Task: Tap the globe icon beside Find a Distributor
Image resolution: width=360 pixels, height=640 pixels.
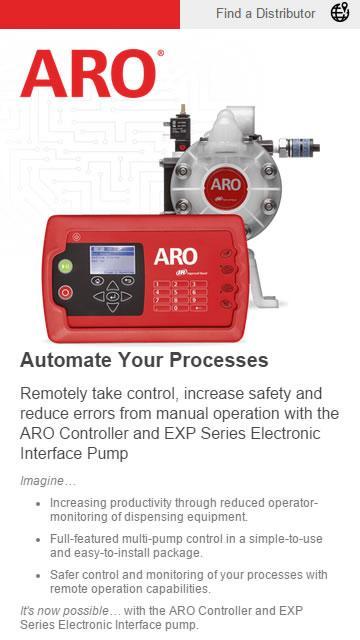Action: [x=340, y=12]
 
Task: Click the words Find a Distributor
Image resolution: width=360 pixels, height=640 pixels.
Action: [x=265, y=13]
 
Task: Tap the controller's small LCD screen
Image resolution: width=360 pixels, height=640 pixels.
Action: [x=112, y=260]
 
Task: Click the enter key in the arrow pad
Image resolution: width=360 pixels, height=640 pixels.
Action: [x=113, y=296]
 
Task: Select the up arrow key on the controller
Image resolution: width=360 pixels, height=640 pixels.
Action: [x=113, y=286]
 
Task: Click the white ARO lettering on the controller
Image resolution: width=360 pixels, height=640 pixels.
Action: [x=176, y=257]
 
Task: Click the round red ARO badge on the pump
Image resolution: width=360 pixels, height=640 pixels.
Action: [x=225, y=187]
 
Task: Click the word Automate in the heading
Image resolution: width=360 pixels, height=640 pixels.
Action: [x=65, y=360]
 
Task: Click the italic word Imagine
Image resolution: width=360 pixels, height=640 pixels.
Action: [x=42, y=481]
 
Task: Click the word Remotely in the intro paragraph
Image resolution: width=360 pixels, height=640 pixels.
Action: [x=53, y=394]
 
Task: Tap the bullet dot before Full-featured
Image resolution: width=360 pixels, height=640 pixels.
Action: [x=38, y=540]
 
